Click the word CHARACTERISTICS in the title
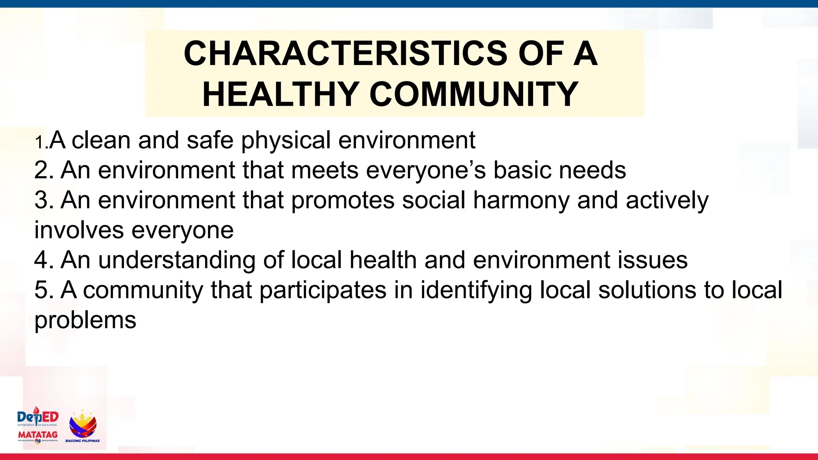click(346, 54)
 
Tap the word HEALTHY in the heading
click(280, 94)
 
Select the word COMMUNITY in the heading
click(474, 94)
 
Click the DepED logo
click(38, 417)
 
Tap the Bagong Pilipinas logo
click(83, 426)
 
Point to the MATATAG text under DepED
click(38, 434)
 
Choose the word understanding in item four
click(177, 260)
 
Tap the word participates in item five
click(323, 290)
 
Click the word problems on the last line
click(85, 320)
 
